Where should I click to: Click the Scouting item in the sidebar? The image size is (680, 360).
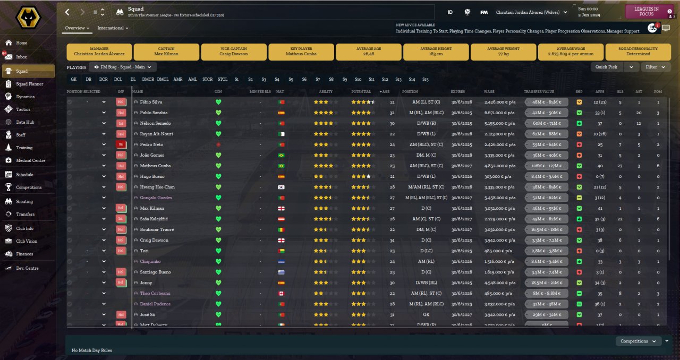(x=24, y=202)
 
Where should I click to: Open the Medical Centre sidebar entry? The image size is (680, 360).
(x=30, y=160)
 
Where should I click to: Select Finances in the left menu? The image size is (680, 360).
(x=24, y=254)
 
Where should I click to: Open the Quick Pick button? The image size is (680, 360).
(x=607, y=67)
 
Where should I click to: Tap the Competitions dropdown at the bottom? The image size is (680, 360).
(x=637, y=341)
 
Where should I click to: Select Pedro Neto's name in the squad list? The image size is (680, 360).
(x=151, y=144)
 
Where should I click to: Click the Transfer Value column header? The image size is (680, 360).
(x=539, y=91)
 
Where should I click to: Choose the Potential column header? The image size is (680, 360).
(x=361, y=91)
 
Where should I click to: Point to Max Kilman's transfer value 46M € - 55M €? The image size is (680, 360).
(x=547, y=208)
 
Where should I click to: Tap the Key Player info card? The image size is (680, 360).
(x=302, y=52)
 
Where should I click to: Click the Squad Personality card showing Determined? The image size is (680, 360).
(x=638, y=52)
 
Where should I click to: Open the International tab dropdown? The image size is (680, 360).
(x=113, y=28)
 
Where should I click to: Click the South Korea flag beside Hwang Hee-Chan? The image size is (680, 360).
(x=281, y=187)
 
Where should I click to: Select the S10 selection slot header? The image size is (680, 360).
(x=358, y=79)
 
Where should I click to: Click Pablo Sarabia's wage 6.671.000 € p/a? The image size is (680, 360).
(x=499, y=113)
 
